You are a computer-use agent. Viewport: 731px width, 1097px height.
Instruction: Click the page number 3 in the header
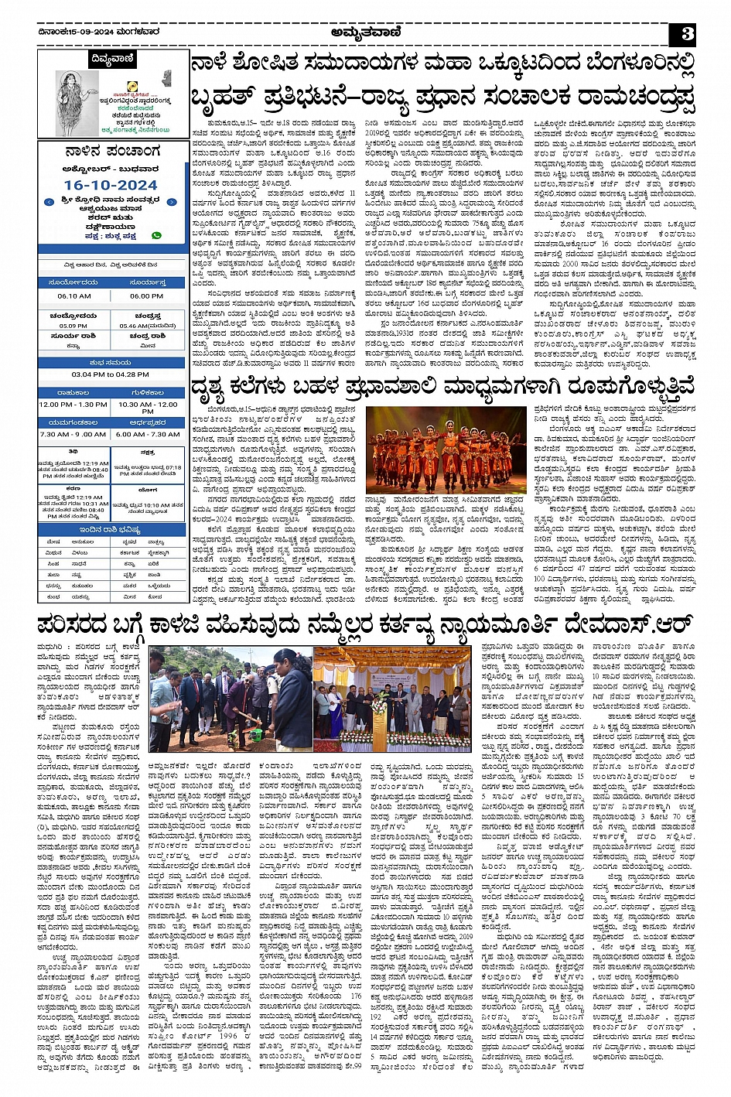(686, 34)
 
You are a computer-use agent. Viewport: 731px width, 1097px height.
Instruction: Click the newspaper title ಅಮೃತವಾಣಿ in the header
(364, 32)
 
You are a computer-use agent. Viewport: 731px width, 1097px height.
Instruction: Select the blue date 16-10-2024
(111, 185)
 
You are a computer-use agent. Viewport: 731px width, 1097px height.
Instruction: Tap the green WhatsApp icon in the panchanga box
(156, 234)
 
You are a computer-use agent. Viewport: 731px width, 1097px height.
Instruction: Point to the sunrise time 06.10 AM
(73, 296)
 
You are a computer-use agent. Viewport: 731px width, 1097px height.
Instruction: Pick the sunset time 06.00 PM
(147, 296)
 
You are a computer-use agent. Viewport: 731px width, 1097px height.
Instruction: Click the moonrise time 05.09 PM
(73, 326)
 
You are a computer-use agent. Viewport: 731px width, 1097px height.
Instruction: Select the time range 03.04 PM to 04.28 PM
(111, 374)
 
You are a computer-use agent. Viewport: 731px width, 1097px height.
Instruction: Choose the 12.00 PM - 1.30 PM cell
(73, 405)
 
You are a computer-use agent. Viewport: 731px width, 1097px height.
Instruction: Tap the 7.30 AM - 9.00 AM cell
(73, 434)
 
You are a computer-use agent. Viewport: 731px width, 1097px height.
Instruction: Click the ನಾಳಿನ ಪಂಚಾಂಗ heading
(112, 151)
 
